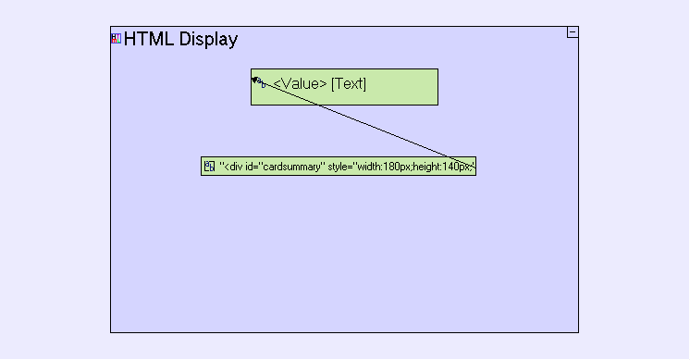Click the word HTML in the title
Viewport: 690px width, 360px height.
(x=149, y=39)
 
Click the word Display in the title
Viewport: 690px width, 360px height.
(x=209, y=40)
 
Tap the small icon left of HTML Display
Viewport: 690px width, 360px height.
(x=117, y=39)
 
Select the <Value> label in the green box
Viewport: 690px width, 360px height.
(x=300, y=83)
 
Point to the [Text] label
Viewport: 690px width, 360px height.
(x=349, y=83)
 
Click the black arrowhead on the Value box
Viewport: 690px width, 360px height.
(x=254, y=80)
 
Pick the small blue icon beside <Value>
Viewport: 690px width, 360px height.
(x=262, y=82)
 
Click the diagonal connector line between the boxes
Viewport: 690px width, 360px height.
(x=363, y=124)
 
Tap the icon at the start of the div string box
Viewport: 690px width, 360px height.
(x=209, y=167)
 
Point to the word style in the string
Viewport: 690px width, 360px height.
(x=339, y=167)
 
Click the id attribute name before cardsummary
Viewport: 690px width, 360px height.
(x=249, y=167)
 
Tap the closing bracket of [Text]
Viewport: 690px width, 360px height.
(x=364, y=84)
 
